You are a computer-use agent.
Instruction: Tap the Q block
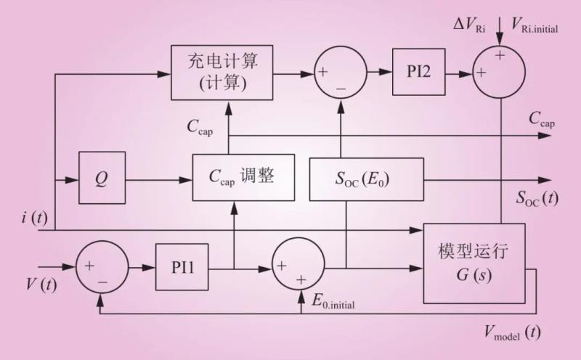[102, 177]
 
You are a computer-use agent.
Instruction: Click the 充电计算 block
[224, 73]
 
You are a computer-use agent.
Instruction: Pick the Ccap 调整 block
[243, 177]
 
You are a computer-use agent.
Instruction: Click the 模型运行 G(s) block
[473, 263]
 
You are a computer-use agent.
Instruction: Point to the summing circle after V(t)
[102, 267]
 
